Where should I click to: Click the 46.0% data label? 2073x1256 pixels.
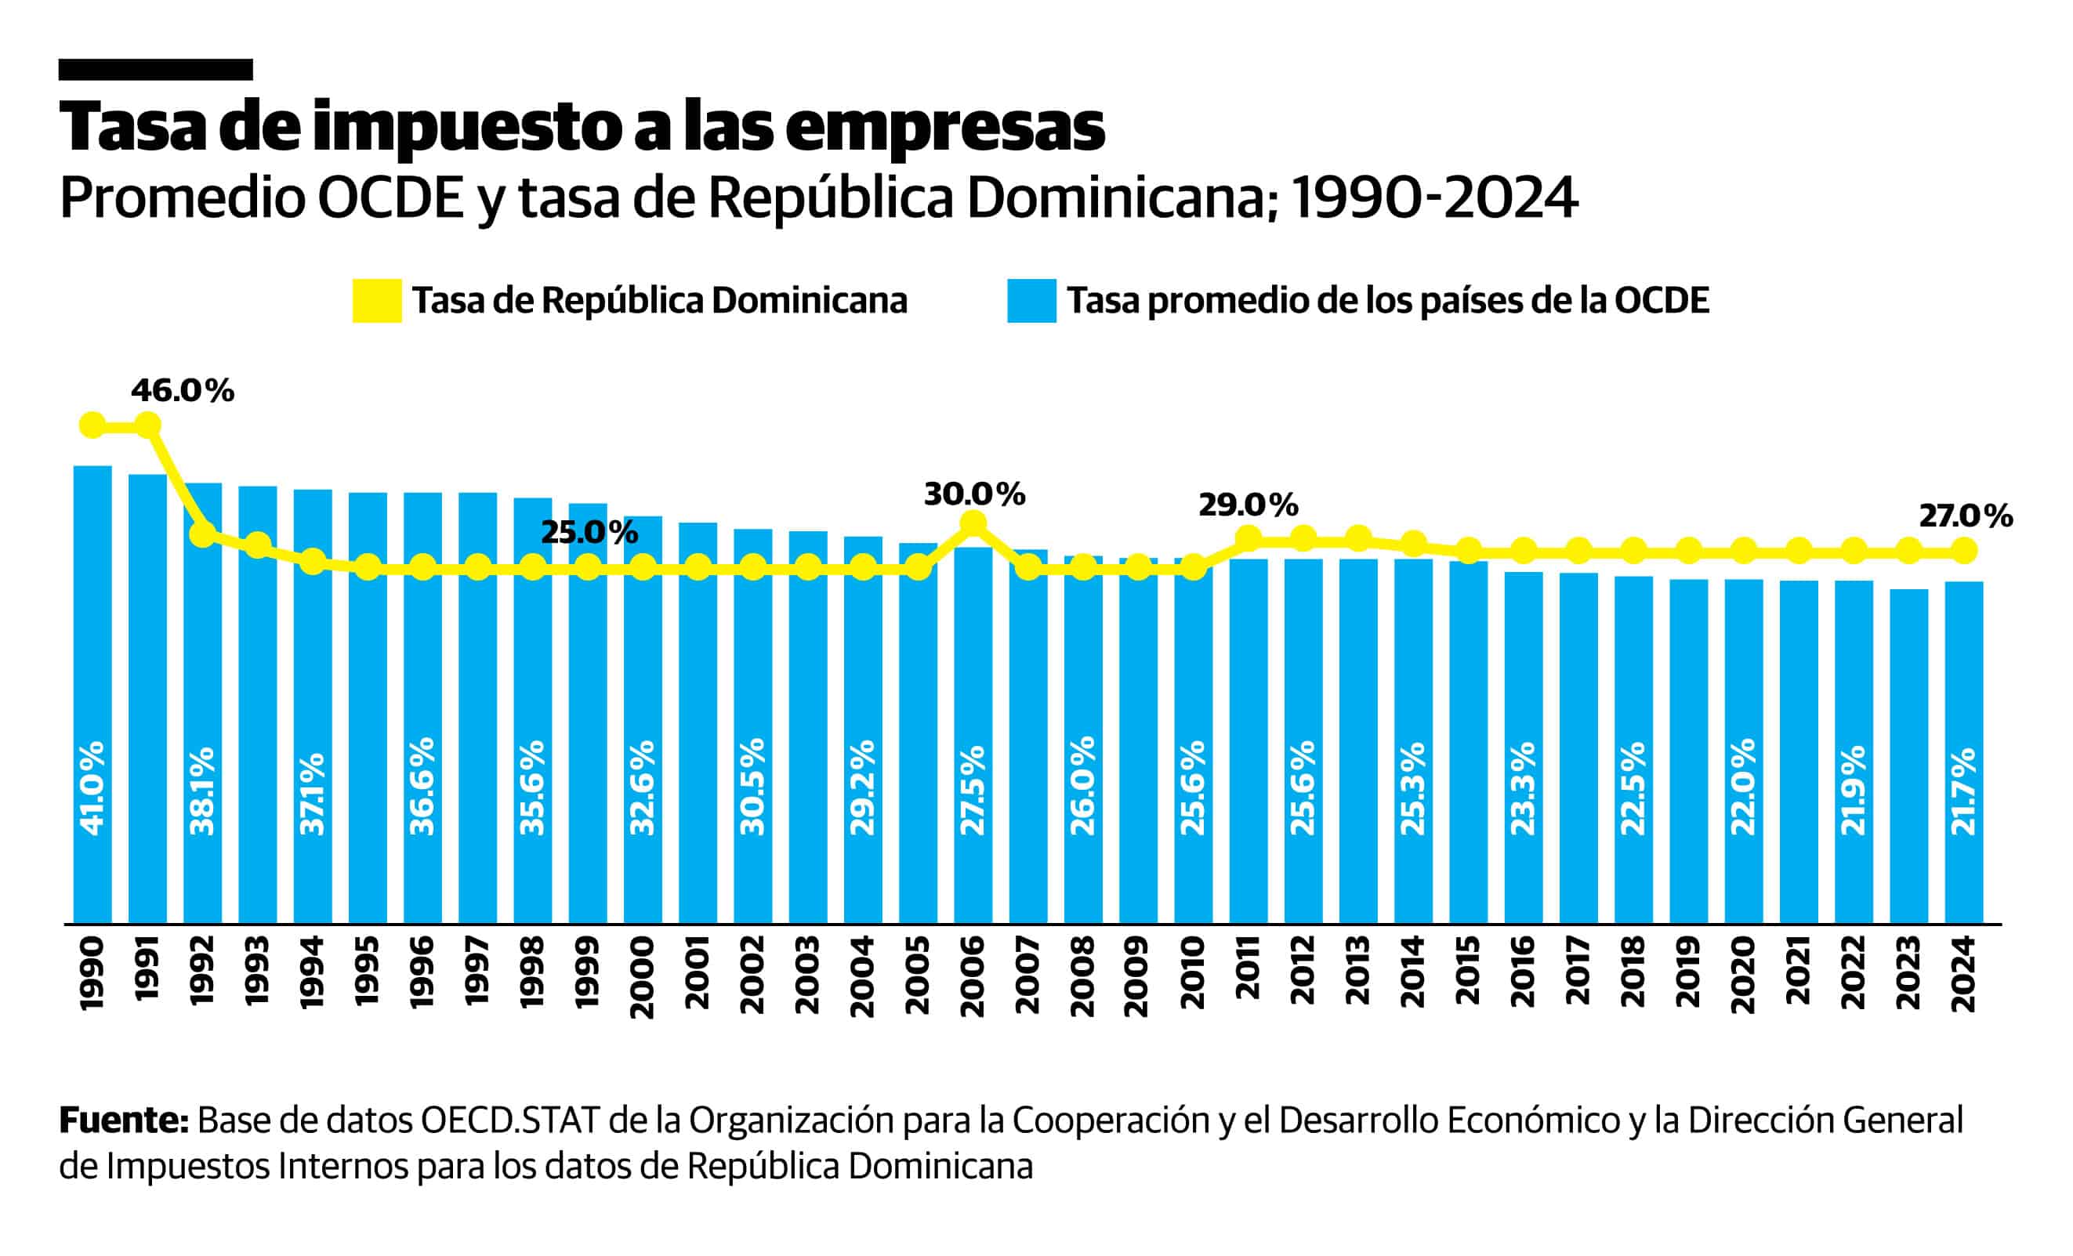(182, 391)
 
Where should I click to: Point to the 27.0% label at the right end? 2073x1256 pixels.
(1966, 516)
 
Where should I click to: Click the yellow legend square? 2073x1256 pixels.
(376, 301)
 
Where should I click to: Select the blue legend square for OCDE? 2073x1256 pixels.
(1031, 301)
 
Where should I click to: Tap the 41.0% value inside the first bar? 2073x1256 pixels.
(92, 788)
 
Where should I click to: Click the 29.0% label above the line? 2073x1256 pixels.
(1248, 505)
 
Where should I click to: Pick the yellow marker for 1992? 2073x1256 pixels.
(203, 534)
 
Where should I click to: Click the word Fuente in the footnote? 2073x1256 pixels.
(123, 1120)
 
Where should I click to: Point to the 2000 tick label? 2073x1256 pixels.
(643, 977)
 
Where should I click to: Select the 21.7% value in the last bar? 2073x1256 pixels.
(1962, 791)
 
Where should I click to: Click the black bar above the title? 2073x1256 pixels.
(156, 70)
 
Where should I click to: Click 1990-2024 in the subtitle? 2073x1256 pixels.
(1433, 198)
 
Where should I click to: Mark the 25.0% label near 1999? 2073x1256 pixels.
(589, 533)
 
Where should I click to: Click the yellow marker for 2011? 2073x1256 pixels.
(1248, 538)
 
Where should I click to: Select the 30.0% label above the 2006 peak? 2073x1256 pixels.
(974, 494)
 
